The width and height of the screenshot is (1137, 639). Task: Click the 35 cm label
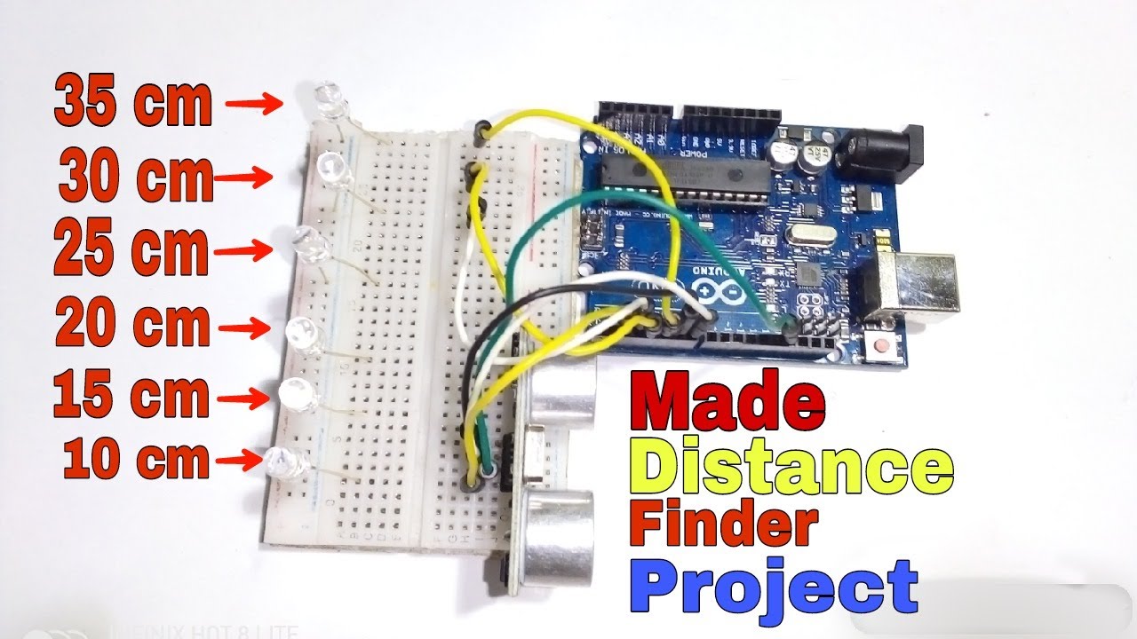coord(133,103)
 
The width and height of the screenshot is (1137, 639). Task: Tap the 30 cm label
coord(136,177)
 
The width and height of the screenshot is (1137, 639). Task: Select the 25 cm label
coord(131,249)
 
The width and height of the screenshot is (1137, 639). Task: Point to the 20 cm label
coord(132,326)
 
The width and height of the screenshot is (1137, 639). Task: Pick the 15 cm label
coord(131,395)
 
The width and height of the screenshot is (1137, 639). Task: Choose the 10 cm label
coord(136,460)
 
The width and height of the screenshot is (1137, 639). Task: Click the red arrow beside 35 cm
coord(254,103)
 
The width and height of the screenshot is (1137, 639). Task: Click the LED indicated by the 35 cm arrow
coord(330,99)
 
